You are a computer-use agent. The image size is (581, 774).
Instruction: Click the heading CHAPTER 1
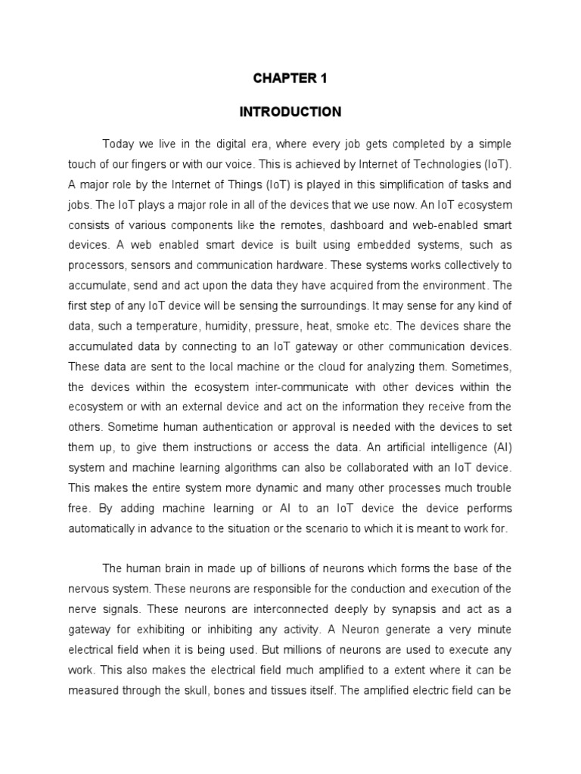tap(290, 78)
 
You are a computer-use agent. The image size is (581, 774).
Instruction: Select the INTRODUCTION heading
tap(290, 112)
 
